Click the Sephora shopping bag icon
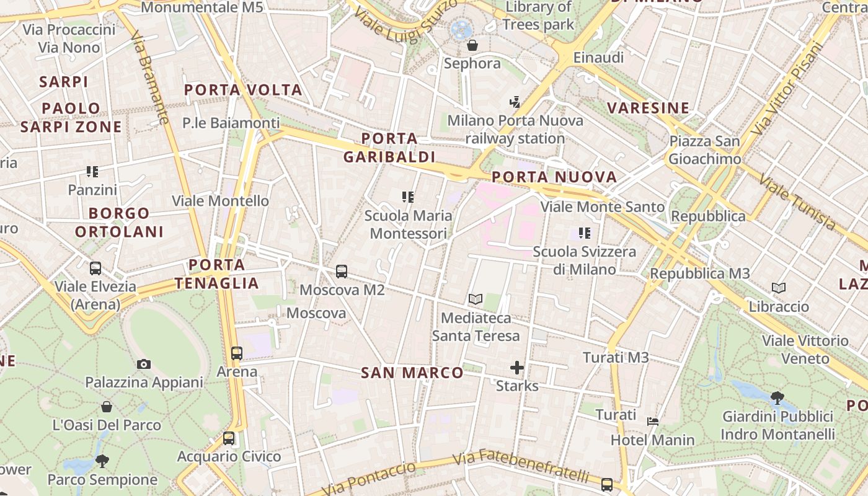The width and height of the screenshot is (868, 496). [472, 45]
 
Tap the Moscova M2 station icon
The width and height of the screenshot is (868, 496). [342, 272]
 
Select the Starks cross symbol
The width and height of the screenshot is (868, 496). [517, 368]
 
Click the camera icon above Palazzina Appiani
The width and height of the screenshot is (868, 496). [144, 364]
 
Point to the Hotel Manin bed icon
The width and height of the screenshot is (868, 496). [652, 422]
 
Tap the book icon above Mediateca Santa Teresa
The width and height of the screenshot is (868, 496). [476, 299]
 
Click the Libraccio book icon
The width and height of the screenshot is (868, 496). [779, 288]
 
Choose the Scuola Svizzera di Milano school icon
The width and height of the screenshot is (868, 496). [585, 233]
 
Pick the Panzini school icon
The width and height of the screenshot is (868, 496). [92, 171]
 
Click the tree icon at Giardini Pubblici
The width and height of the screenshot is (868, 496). [777, 397]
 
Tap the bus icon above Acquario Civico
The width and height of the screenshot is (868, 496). [229, 438]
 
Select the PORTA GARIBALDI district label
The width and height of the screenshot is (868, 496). [389, 148]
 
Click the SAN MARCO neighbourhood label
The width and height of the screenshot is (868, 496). [412, 373]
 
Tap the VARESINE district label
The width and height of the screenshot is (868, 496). [649, 108]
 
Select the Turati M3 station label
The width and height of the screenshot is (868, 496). [616, 357]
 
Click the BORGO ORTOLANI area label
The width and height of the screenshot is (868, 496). [119, 223]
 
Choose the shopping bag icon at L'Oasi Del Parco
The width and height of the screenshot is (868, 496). [107, 407]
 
